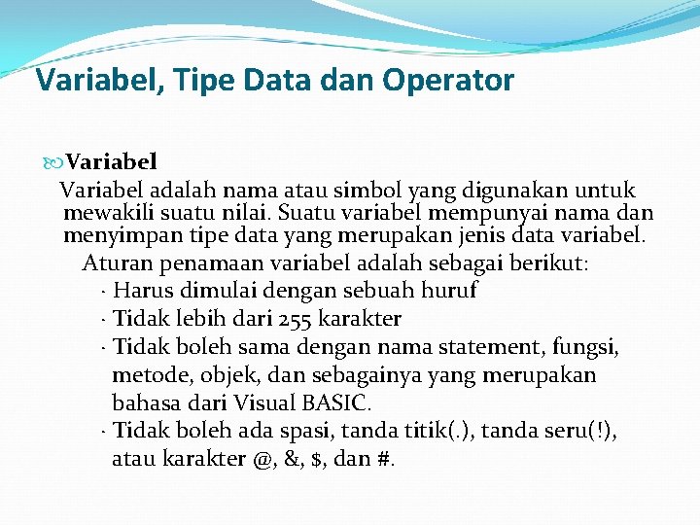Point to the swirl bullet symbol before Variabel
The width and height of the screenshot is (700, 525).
[52, 161]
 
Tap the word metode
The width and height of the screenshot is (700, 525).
[146, 375]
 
